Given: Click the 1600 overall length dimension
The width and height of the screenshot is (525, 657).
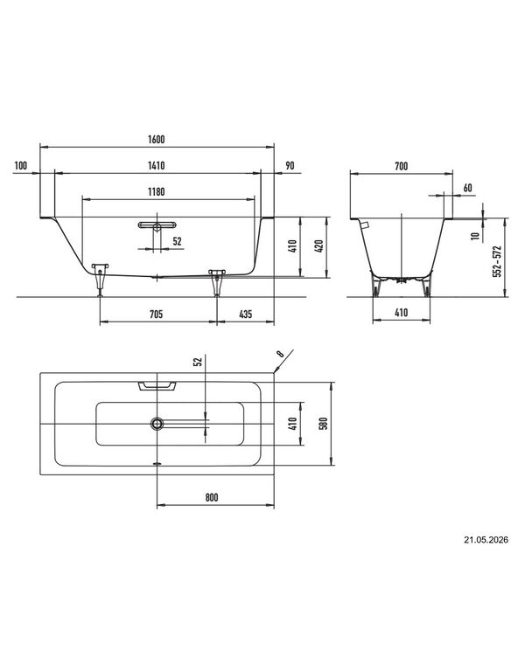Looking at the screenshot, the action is tap(156, 140).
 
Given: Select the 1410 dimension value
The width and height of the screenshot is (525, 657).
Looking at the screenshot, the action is tap(156, 165).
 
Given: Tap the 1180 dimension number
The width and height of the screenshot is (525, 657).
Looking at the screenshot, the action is tap(156, 192).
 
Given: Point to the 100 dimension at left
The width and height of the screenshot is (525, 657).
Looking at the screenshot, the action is tap(21, 165).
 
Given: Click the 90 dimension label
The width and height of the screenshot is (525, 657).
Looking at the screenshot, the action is tap(290, 165).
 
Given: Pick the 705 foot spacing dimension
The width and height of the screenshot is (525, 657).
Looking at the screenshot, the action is tap(156, 314).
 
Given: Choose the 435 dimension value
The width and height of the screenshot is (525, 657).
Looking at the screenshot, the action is tap(246, 314).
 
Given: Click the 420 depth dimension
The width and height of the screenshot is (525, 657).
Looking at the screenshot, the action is tap(318, 246).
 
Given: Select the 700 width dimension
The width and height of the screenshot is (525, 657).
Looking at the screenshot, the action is tap(402, 166).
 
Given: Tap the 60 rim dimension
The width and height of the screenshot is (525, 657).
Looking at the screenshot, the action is tap(467, 188).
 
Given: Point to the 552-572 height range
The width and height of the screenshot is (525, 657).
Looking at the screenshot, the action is tap(497, 261).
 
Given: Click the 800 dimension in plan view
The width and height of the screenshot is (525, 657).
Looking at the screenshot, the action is tap(212, 497).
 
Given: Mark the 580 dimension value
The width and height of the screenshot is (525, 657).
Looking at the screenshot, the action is tap(323, 424).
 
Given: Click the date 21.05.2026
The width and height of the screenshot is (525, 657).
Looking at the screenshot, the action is tap(486, 540).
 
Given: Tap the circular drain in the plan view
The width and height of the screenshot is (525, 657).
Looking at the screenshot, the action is tap(157, 424).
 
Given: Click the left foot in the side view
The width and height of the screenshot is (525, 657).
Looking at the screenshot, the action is tap(100, 279).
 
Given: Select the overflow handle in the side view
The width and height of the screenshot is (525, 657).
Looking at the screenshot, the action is tap(156, 225).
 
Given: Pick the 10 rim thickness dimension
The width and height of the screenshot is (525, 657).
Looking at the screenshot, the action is tap(475, 236).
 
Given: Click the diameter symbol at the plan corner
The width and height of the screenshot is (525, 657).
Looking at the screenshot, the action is tap(281, 355).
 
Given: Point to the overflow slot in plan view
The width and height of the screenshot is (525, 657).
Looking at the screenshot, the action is tap(157, 385).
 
